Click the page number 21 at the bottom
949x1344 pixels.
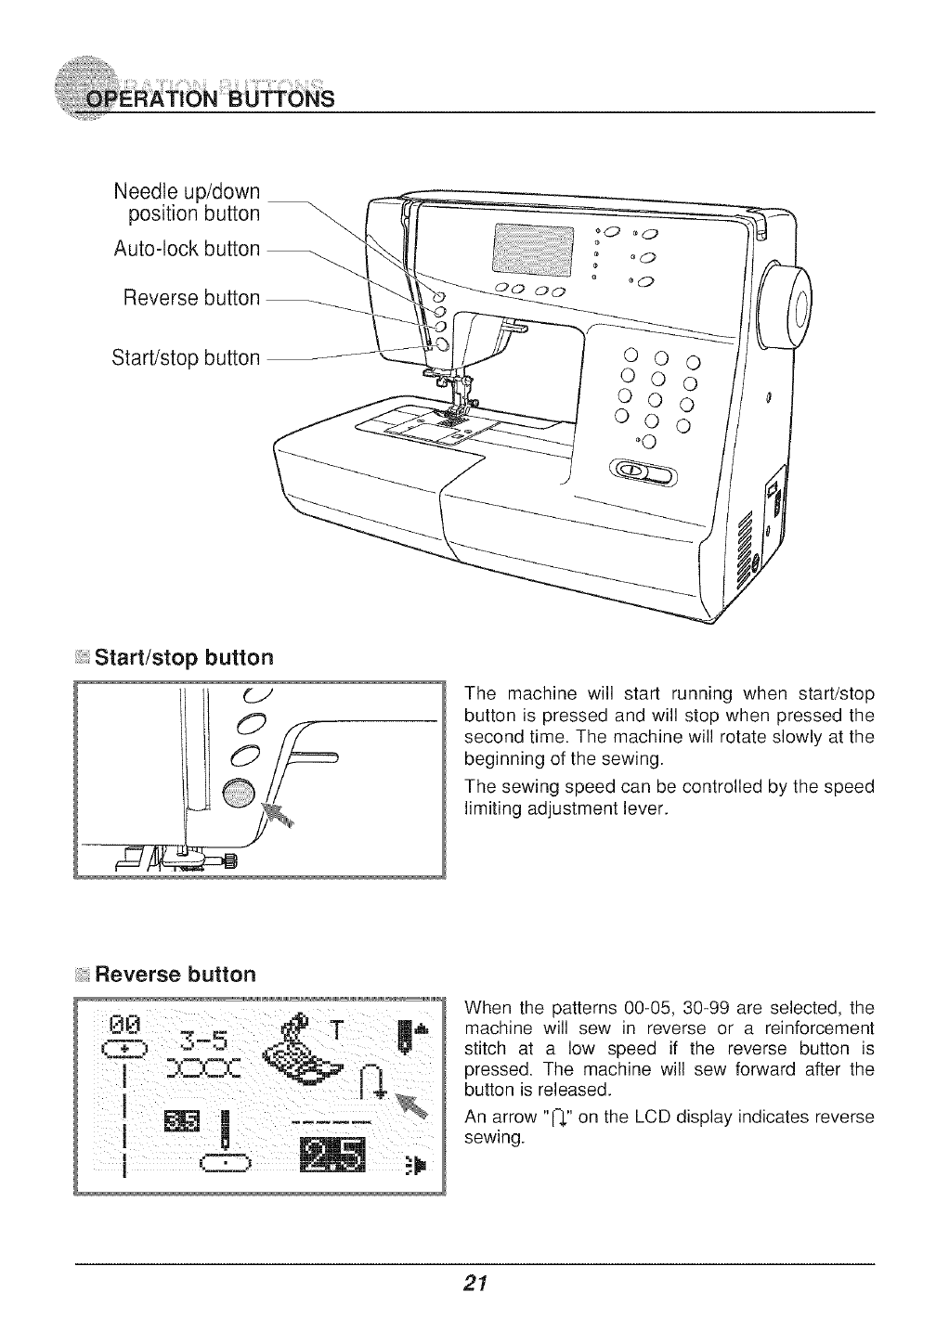[474, 1285]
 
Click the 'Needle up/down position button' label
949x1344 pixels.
[187, 202]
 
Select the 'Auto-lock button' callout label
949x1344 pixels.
[187, 249]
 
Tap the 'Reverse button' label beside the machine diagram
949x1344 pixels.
[191, 298]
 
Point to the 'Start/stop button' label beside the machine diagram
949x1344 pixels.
[186, 357]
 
